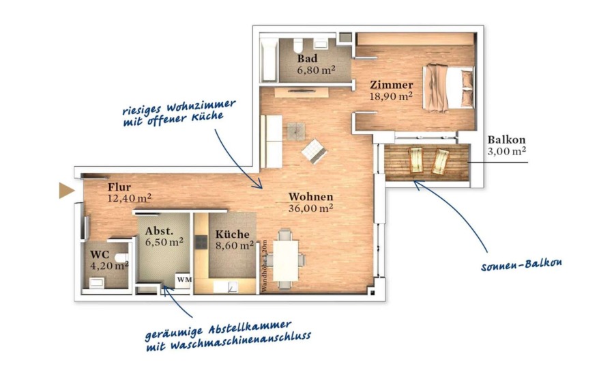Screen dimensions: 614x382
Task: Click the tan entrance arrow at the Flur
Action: coord(66,191)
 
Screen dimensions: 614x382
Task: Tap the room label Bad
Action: coord(308,59)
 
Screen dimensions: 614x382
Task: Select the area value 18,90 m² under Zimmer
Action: coord(391,96)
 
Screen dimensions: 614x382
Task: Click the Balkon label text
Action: coord(506,139)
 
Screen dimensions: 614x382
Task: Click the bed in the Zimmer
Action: coord(448,88)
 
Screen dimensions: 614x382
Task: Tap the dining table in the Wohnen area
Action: coord(285,260)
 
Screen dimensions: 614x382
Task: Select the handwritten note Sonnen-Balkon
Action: coord(521,265)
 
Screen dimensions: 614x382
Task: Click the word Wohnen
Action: coord(310,197)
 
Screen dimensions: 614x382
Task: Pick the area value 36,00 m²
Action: coord(310,208)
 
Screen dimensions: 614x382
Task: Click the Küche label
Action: coord(232,234)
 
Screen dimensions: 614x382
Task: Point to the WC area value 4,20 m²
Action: coord(109,266)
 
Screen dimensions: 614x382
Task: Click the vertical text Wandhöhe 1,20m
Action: coord(264,266)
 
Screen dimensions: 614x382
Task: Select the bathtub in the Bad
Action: coord(269,59)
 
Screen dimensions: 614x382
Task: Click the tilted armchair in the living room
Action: coord(315,150)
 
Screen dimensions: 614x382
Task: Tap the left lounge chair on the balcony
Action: coord(415,160)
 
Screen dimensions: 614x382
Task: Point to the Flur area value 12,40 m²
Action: coord(129,198)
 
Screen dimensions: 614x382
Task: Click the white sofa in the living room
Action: coord(271,141)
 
